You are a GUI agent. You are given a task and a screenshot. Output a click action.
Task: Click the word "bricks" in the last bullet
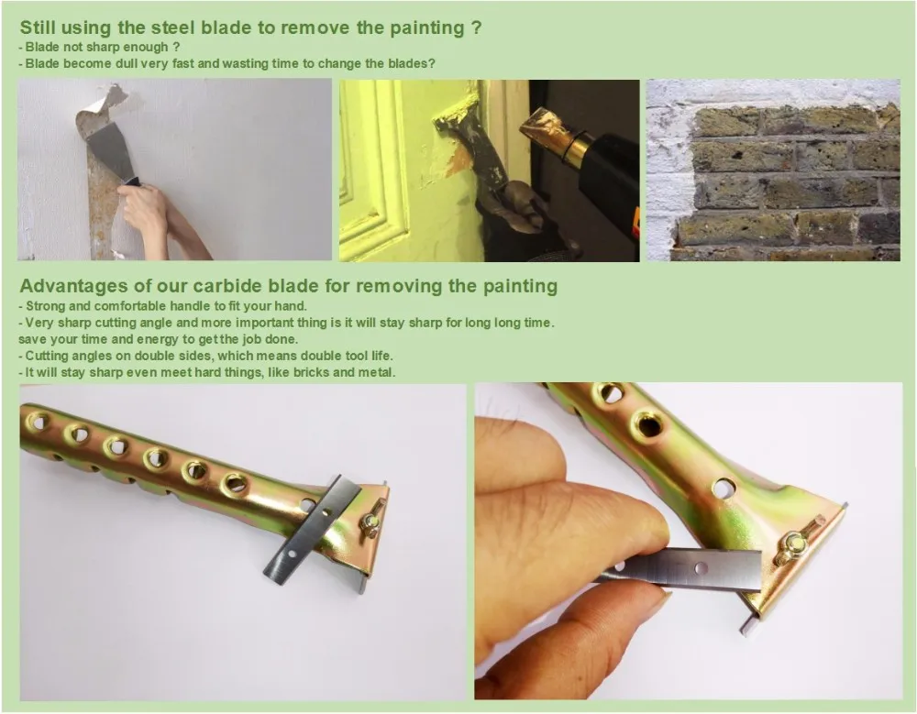(311, 372)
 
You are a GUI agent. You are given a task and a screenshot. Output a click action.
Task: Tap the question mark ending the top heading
(477, 27)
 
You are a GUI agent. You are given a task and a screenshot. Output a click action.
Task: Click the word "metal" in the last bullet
(378, 372)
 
